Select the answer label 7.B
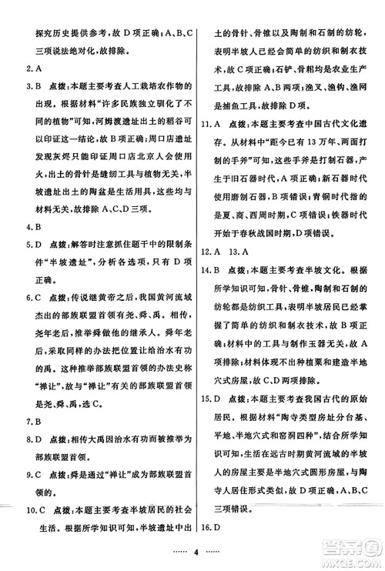[26, 421]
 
